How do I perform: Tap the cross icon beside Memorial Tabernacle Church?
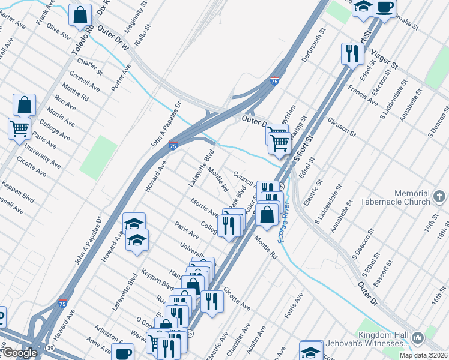pos(439,197)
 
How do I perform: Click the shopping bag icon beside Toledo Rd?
pos(80,15)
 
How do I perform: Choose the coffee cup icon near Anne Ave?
pos(124,354)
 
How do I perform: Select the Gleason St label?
pos(342,126)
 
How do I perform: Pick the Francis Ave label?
pos(363,93)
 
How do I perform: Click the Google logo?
pos(19,353)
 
